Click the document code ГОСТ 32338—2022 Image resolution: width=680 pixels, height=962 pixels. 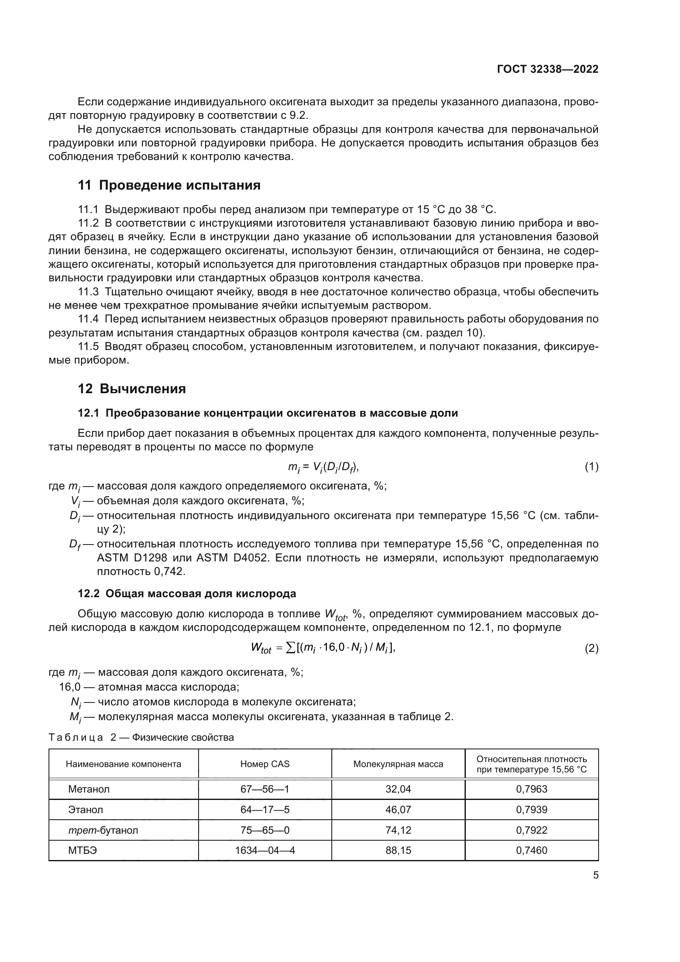[x=547, y=69]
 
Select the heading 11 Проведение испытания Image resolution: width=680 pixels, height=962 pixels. [x=169, y=185]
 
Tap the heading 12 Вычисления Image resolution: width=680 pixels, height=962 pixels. [x=132, y=388]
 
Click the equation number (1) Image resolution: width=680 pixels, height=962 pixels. [x=591, y=467]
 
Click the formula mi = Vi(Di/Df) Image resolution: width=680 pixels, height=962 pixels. [x=323, y=467]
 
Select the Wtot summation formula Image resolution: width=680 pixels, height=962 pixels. [x=323, y=648]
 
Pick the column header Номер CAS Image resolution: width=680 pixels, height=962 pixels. [x=265, y=764]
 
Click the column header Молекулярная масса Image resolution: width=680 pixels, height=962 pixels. [x=398, y=764]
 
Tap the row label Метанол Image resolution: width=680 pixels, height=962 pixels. [x=89, y=789]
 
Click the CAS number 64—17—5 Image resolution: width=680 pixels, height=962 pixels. [x=265, y=809]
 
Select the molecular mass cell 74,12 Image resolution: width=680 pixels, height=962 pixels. [x=398, y=830]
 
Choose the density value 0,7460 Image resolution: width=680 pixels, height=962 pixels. [x=531, y=850]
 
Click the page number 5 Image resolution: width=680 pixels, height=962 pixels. [x=595, y=875]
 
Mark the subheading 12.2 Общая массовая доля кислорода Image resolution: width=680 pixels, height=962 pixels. [x=187, y=593]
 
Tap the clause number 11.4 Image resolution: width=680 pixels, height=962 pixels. [x=88, y=319]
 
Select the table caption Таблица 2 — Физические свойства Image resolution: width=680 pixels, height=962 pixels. [x=141, y=737]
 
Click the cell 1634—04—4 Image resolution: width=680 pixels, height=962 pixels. [x=265, y=850]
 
